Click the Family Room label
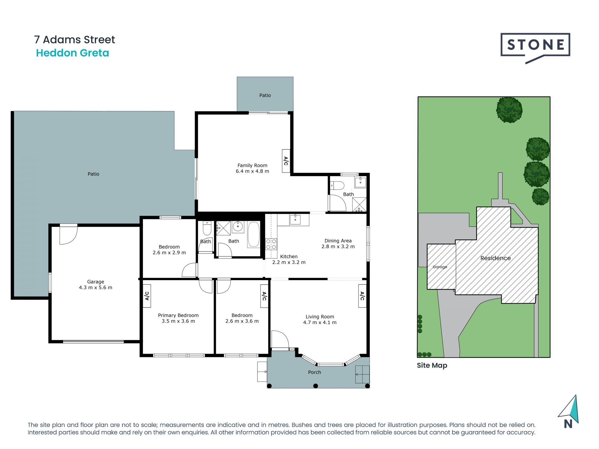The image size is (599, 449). [x=252, y=166]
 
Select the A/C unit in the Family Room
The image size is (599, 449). [x=286, y=161]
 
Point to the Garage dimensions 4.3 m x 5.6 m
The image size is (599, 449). [x=95, y=287]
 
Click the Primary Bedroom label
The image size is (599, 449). [x=178, y=316]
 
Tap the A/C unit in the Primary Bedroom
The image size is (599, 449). [x=147, y=296]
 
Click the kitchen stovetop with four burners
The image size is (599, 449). [x=271, y=244]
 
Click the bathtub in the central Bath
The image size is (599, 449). [x=254, y=234]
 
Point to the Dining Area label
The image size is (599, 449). [x=338, y=241]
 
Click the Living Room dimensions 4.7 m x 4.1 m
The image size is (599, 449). [x=320, y=322]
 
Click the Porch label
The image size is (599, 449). [x=314, y=372]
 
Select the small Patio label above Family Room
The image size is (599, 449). [x=265, y=95]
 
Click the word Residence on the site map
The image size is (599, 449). [x=495, y=258]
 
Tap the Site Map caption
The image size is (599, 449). [x=432, y=365]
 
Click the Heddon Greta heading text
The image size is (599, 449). [x=73, y=53]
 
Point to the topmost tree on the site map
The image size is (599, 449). [x=509, y=110]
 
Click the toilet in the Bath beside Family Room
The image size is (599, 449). [x=337, y=186]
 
